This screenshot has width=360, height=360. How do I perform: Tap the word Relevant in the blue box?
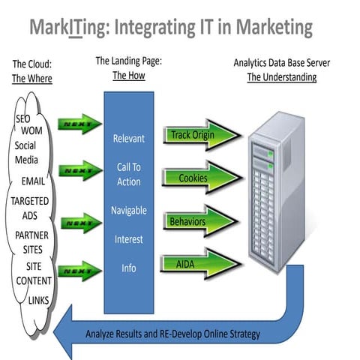(x=129, y=138)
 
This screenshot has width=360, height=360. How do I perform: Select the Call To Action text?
(x=129, y=174)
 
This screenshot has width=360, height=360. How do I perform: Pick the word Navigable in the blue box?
(x=129, y=211)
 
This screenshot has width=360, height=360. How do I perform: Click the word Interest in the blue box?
(x=129, y=239)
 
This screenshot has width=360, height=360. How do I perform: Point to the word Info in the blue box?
(x=129, y=268)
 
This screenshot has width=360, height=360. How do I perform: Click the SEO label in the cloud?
(x=23, y=119)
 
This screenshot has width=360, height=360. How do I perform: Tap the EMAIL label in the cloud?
(x=32, y=181)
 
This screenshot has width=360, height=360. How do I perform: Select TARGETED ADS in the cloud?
(x=30, y=208)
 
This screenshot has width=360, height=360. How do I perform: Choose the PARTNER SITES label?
(x=31, y=241)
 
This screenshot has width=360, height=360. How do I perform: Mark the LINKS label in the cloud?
(x=38, y=300)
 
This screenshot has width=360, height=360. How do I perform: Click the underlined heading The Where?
(x=32, y=77)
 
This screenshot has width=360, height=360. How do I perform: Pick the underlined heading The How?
(x=128, y=75)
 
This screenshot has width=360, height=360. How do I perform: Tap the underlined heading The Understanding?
(x=282, y=76)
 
